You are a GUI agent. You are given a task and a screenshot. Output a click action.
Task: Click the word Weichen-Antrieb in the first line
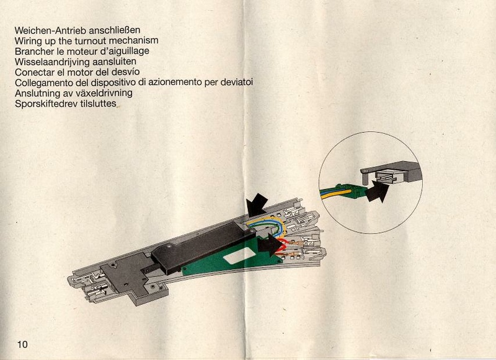pos(51,29)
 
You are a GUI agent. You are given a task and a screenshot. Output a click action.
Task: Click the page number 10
pos(23,344)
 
